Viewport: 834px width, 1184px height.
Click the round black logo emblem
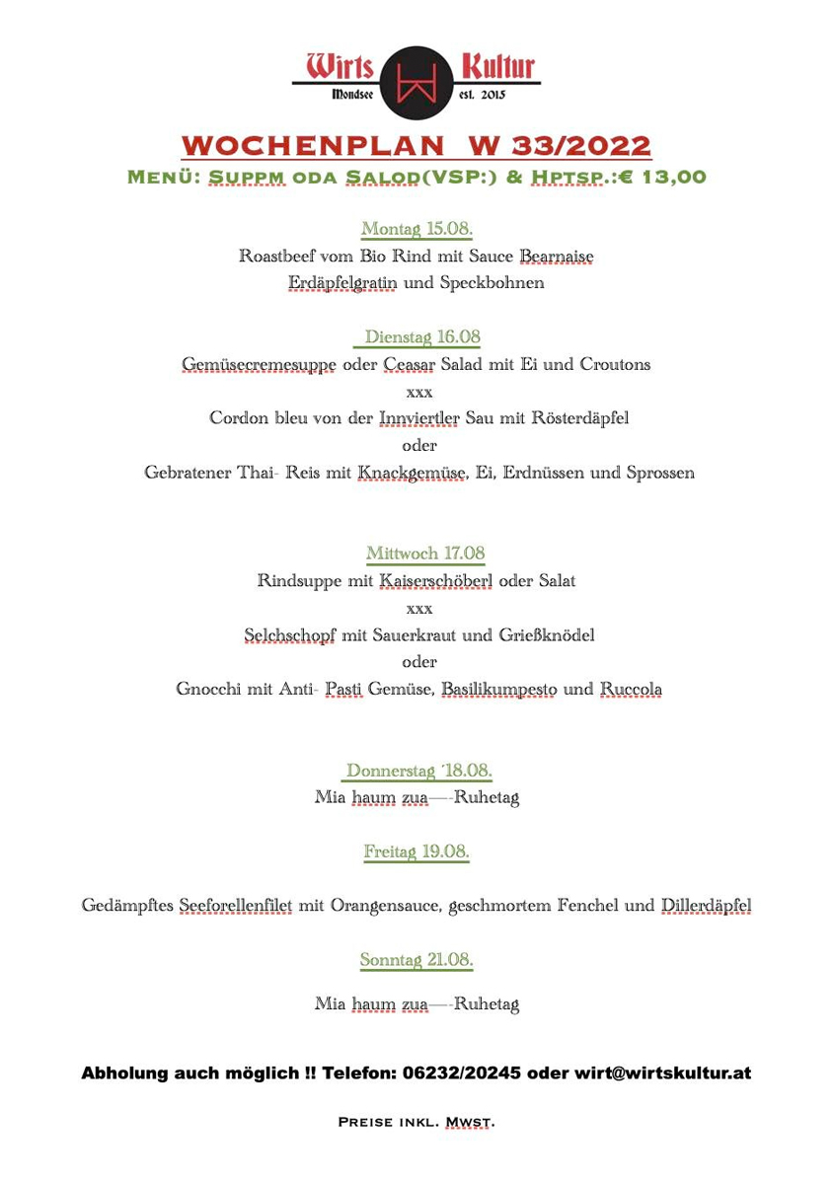417,82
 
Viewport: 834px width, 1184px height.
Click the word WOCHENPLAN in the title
313,146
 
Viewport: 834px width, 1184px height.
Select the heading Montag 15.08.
417,230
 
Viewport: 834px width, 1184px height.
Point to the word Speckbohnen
492,283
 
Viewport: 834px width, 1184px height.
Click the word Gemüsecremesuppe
259,365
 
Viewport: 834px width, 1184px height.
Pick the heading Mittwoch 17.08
425,554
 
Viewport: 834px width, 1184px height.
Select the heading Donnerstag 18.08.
418,771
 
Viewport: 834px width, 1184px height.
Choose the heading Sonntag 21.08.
416,959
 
